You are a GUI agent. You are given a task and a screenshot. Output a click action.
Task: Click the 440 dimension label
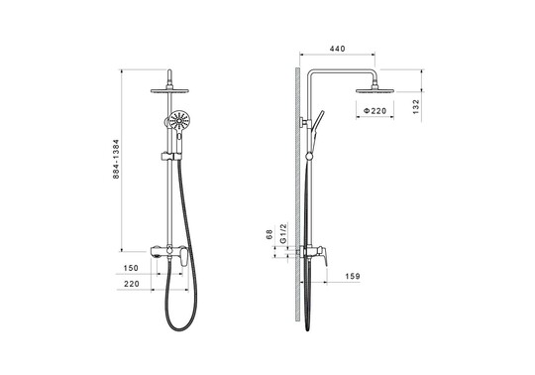[337, 49]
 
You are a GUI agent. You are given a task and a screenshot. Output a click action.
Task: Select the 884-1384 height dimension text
[116, 159]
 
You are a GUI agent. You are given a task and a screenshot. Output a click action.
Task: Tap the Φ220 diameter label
[374, 111]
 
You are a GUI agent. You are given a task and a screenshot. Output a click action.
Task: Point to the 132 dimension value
[415, 106]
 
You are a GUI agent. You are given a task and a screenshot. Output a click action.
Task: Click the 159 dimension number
[353, 276]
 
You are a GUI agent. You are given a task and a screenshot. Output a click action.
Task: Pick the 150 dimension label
[131, 268]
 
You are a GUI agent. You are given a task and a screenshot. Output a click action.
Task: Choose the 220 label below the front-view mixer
[132, 284]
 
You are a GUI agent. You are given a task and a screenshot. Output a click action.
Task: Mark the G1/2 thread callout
[283, 233]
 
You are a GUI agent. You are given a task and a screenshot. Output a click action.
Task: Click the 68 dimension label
[269, 234]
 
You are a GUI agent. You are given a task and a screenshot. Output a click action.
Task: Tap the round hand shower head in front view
[179, 120]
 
